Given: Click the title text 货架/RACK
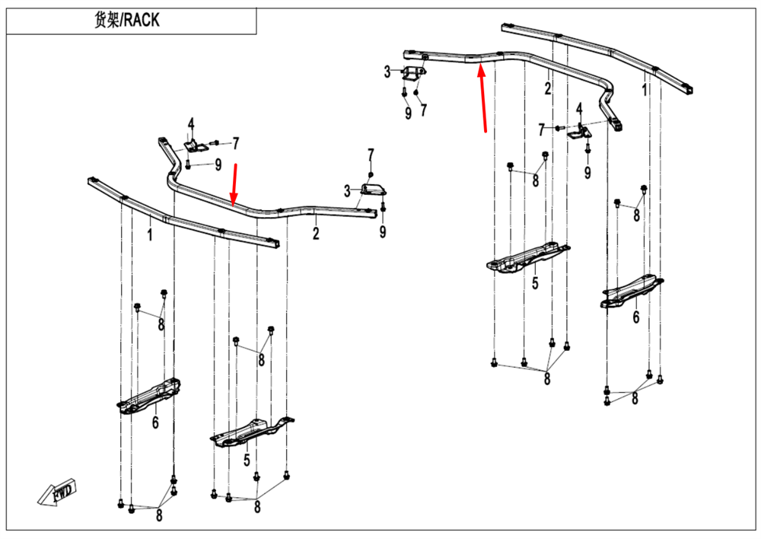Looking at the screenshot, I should tap(127, 21).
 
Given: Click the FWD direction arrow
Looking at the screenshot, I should tap(57, 494).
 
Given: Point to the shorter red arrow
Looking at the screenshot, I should tap(235, 183).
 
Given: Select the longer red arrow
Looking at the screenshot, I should tap(482, 99).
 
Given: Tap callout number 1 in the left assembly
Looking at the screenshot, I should tap(150, 236).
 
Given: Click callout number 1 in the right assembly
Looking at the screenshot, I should tap(645, 91).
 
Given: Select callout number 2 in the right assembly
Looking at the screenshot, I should tap(547, 88).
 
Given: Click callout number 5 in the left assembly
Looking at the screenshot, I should tap(247, 460).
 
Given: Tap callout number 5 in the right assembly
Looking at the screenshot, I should tap(535, 283).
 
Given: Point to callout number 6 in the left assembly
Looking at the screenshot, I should tap(155, 422).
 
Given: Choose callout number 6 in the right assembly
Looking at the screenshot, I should tap(636, 317).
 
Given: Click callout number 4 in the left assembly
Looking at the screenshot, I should tap(192, 124).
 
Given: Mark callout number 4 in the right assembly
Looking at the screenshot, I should tap(580, 109).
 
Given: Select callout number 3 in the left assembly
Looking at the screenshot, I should tap(347, 190).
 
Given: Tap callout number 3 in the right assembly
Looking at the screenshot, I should tap(387, 72).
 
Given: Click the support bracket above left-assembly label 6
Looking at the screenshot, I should tap(150, 395).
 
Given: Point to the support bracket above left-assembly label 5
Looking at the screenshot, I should tap(251, 432).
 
